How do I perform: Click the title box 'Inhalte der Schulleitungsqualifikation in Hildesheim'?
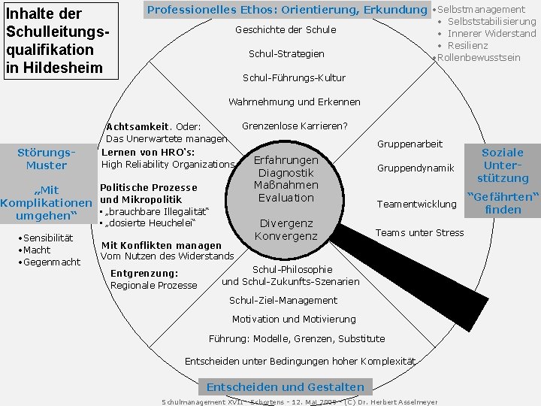click(60, 40)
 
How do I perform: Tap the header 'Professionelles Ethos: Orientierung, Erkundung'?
click(286, 10)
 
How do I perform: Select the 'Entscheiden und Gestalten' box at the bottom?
click(285, 387)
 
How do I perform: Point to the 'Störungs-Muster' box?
click(47, 159)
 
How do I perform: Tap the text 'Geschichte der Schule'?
click(286, 30)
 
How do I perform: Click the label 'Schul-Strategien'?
click(286, 54)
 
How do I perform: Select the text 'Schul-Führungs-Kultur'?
click(294, 77)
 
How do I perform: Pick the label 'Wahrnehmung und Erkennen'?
click(294, 101)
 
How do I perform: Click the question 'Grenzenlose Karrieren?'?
click(295, 126)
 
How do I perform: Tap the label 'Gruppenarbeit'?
click(410, 144)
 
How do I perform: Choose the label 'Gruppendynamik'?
click(416, 168)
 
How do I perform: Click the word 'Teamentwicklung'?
click(416, 204)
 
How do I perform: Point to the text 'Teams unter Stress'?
click(419, 232)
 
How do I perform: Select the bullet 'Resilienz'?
click(472, 46)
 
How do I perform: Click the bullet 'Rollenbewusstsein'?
click(478, 58)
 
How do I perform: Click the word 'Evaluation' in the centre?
click(286, 198)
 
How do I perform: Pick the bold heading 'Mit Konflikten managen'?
click(162, 245)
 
